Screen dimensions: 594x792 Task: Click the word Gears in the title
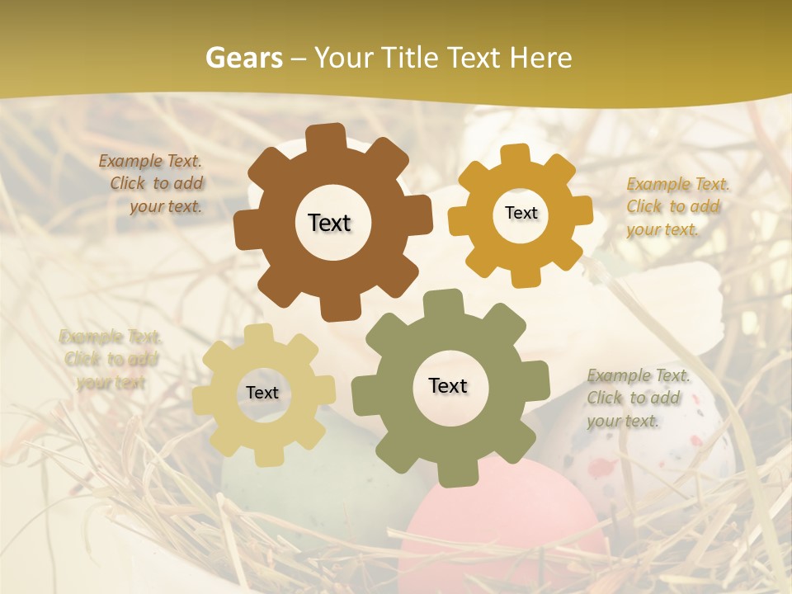(x=243, y=58)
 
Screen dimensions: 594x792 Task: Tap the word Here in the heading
(x=540, y=58)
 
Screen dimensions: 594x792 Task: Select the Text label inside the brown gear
(x=329, y=223)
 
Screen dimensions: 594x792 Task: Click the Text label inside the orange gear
(x=521, y=213)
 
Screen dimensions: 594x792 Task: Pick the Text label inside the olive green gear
(x=448, y=385)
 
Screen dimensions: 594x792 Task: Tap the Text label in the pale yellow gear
(x=262, y=393)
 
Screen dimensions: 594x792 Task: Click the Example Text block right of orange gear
(x=676, y=206)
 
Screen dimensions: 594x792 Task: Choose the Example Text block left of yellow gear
(x=110, y=359)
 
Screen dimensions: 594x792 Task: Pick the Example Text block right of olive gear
(x=637, y=398)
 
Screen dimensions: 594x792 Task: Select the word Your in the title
(x=339, y=58)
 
